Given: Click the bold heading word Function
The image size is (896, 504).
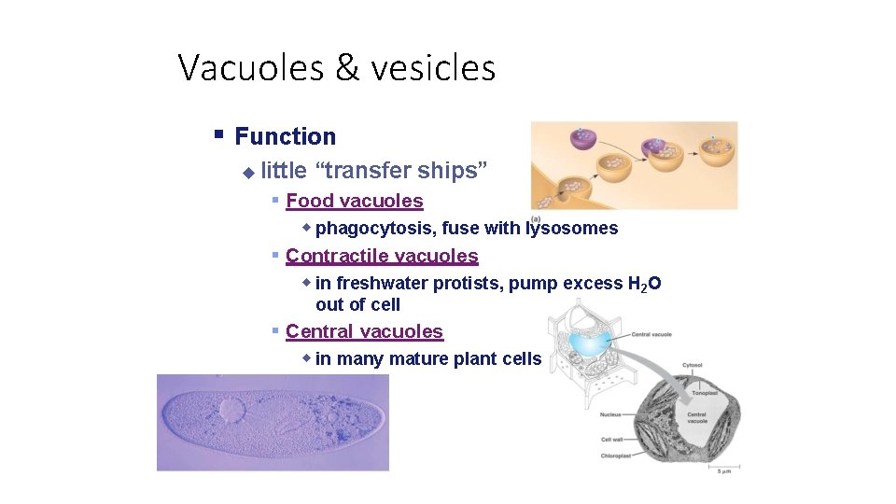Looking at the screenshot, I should (x=285, y=136).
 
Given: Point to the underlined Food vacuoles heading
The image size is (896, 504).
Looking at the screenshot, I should (x=354, y=201).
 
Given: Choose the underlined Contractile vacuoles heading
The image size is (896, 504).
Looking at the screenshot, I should (x=382, y=256).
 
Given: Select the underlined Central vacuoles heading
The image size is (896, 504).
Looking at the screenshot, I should (x=364, y=331).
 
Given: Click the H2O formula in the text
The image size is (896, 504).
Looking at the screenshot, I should (x=644, y=284).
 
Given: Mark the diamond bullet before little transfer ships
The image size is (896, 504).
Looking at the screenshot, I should (x=248, y=172).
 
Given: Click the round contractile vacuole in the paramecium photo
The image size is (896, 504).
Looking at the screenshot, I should (x=230, y=410).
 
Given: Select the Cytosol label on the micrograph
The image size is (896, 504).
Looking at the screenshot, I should (x=693, y=366).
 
